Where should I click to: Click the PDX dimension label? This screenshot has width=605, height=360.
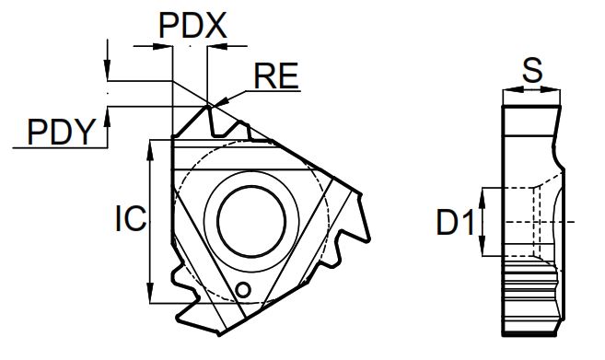coord(192,26)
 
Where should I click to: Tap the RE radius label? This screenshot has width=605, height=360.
coord(276,75)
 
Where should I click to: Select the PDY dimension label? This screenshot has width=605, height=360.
coord(61,132)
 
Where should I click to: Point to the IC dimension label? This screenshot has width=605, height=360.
coord(131,218)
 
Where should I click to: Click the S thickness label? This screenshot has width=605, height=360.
coord(532,70)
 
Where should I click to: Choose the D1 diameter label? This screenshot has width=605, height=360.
coord(455,222)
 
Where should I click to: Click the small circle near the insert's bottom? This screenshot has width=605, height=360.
coord(243,289)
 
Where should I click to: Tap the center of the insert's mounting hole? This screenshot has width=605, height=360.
coord(251,221)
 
